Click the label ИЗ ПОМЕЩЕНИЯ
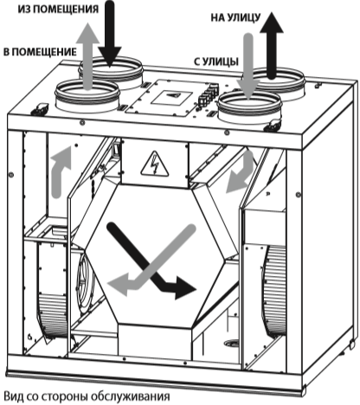(58, 10)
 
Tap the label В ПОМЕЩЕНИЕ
(40, 52)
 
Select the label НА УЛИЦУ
(235, 18)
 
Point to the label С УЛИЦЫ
(216, 61)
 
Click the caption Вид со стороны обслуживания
(87, 396)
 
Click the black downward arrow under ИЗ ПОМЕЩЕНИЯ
(110, 33)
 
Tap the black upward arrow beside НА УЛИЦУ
(272, 45)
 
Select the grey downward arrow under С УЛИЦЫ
(248, 67)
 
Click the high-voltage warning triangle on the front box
(155, 164)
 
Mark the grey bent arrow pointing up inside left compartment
(59, 173)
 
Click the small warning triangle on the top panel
(173, 95)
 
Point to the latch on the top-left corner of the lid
(40, 109)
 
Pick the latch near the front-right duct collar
(273, 125)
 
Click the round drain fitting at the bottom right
(232, 344)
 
